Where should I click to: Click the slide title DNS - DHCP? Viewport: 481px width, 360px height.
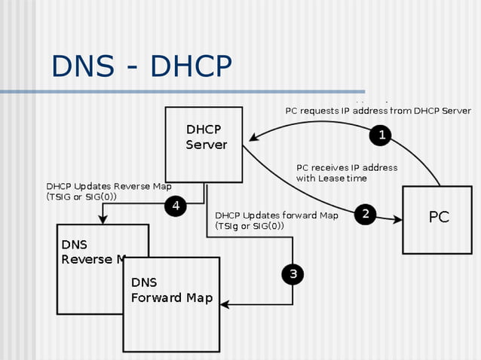(x=141, y=66)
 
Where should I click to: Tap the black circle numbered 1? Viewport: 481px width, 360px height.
(x=381, y=136)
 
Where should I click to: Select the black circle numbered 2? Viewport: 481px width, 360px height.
(x=365, y=214)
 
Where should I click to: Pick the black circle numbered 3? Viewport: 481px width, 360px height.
(x=293, y=274)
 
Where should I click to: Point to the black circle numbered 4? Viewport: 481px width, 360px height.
(x=176, y=206)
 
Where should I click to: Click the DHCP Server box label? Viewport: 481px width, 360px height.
(x=206, y=136)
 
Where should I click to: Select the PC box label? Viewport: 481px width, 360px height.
(x=439, y=217)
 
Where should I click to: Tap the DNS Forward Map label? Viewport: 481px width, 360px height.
(x=171, y=290)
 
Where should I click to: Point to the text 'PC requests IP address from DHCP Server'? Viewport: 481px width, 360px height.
(x=378, y=111)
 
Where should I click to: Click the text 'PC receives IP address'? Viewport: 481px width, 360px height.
(x=347, y=167)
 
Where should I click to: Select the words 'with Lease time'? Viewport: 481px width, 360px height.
(x=332, y=178)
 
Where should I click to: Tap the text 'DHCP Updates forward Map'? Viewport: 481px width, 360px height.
(x=277, y=215)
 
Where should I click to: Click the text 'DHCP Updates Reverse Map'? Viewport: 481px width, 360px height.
(x=109, y=186)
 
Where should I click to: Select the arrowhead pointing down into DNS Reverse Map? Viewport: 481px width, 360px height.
(x=103, y=219)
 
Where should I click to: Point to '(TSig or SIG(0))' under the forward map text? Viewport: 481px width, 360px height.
(x=250, y=226)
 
